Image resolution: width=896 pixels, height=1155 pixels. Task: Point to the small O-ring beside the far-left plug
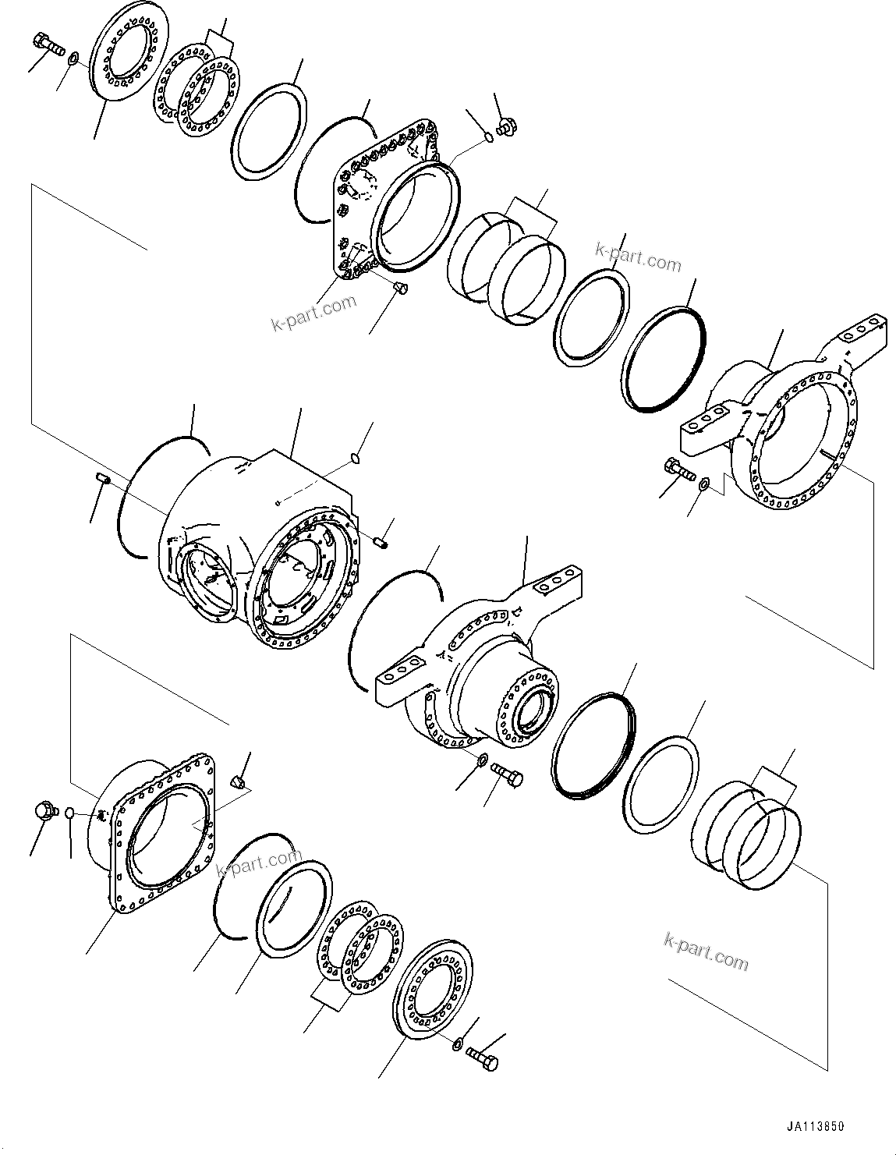coord(70,813)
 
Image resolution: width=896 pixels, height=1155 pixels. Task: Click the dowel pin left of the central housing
coord(100,479)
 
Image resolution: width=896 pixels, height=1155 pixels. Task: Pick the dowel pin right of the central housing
coord(381,542)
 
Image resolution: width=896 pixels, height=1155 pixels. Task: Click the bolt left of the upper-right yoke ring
coord(678,469)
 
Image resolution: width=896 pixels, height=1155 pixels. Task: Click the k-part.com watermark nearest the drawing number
coord(706,950)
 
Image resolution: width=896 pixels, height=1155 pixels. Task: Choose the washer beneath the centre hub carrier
coord(482,759)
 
